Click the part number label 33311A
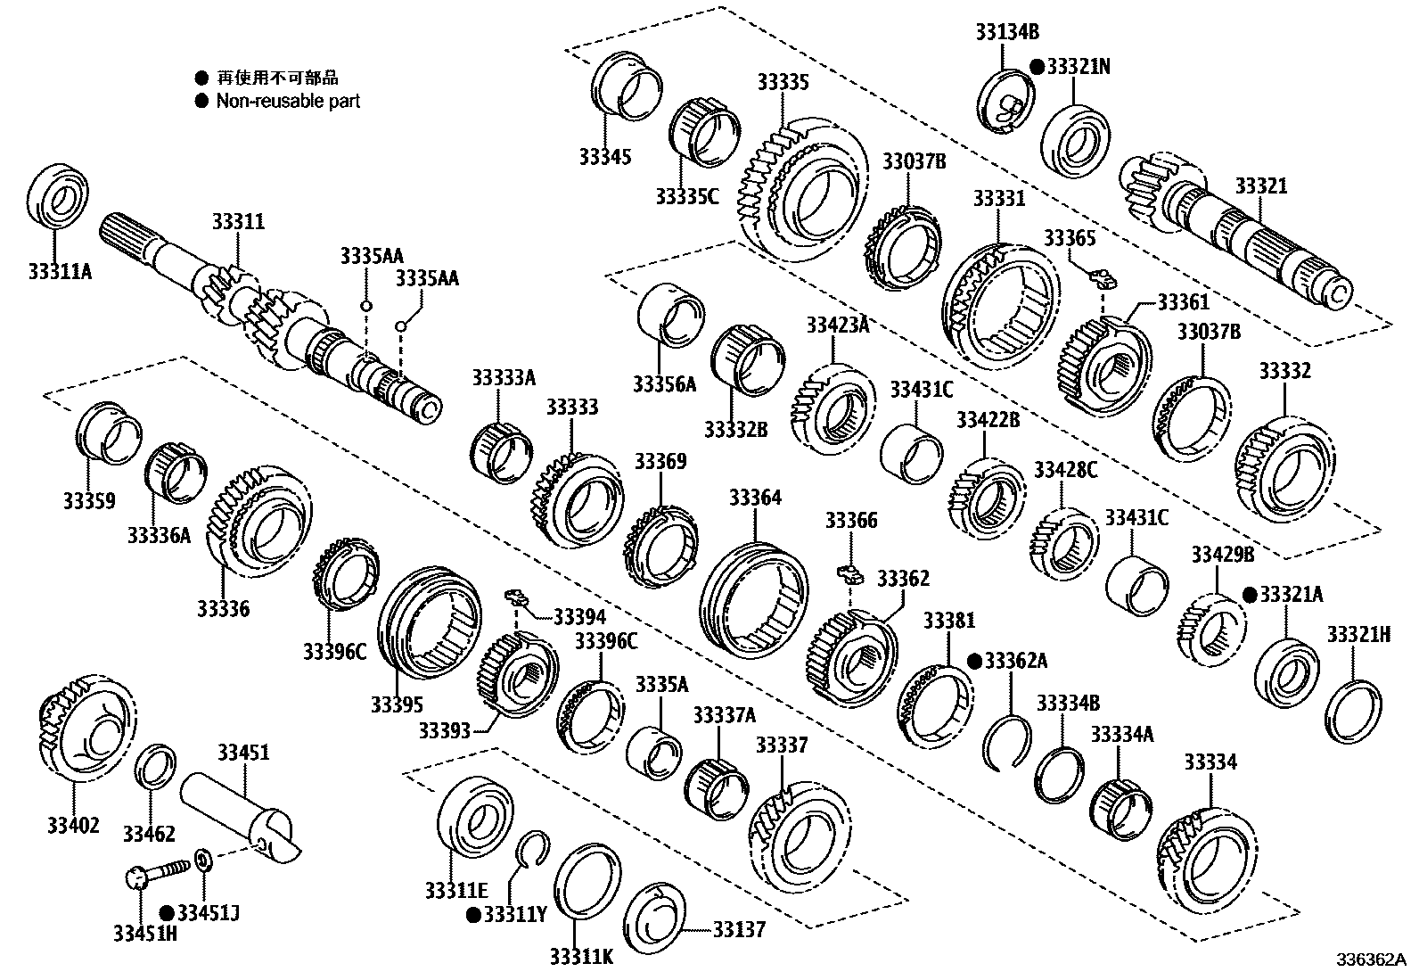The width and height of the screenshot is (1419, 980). pyautogui.click(x=60, y=271)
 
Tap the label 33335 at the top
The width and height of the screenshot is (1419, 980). pyautogui.click(x=783, y=83)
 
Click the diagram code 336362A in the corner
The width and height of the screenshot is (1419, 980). pyautogui.click(x=1370, y=961)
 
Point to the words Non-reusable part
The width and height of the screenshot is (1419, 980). pyautogui.click(x=288, y=101)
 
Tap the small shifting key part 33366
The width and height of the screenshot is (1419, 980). pyautogui.click(x=852, y=572)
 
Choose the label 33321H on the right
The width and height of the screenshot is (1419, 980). pyautogui.click(x=1358, y=635)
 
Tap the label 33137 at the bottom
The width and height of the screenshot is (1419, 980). pyautogui.click(x=739, y=930)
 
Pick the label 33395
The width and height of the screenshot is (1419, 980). pyautogui.click(x=397, y=705)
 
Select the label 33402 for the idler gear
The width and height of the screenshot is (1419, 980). pyautogui.click(x=73, y=826)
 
